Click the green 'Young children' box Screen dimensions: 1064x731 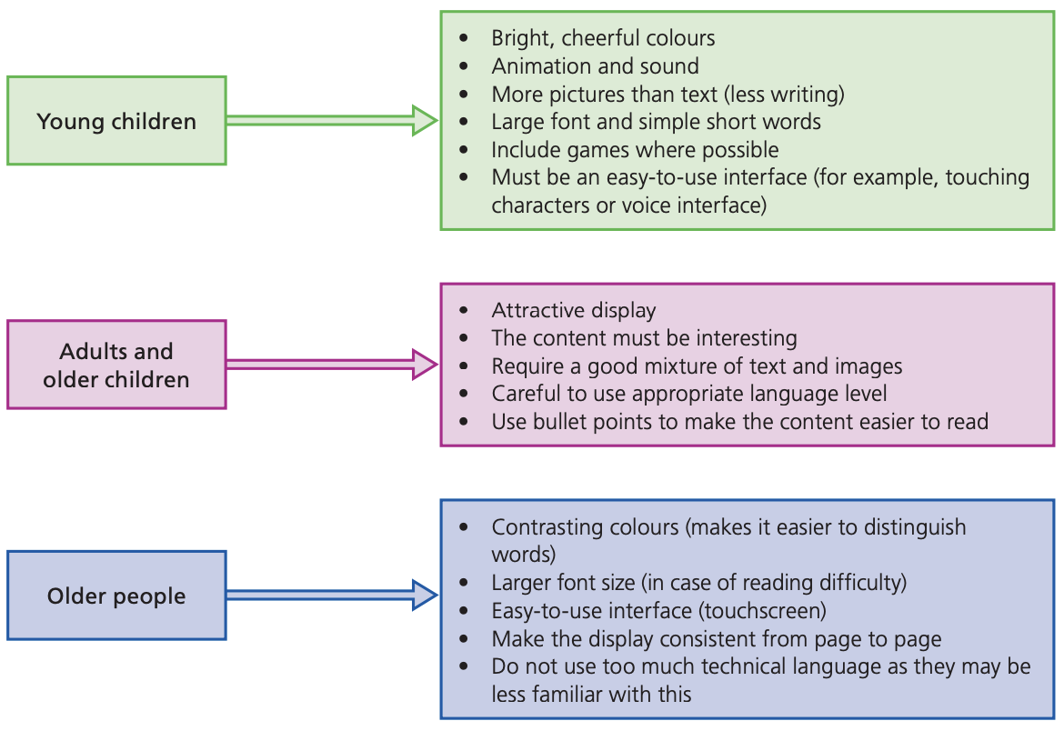point(116,121)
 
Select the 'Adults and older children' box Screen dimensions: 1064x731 point(116,365)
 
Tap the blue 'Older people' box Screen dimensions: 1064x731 point(116,596)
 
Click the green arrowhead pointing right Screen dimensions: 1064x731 point(425,120)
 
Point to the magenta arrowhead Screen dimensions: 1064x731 point(425,365)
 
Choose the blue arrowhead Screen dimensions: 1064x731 point(425,596)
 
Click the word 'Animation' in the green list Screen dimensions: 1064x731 point(534,65)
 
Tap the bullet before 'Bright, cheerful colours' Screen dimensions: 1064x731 point(464,38)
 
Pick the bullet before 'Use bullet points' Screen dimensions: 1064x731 point(464,422)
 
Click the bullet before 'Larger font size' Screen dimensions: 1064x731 point(464,583)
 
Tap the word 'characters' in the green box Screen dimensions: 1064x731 point(541,205)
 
